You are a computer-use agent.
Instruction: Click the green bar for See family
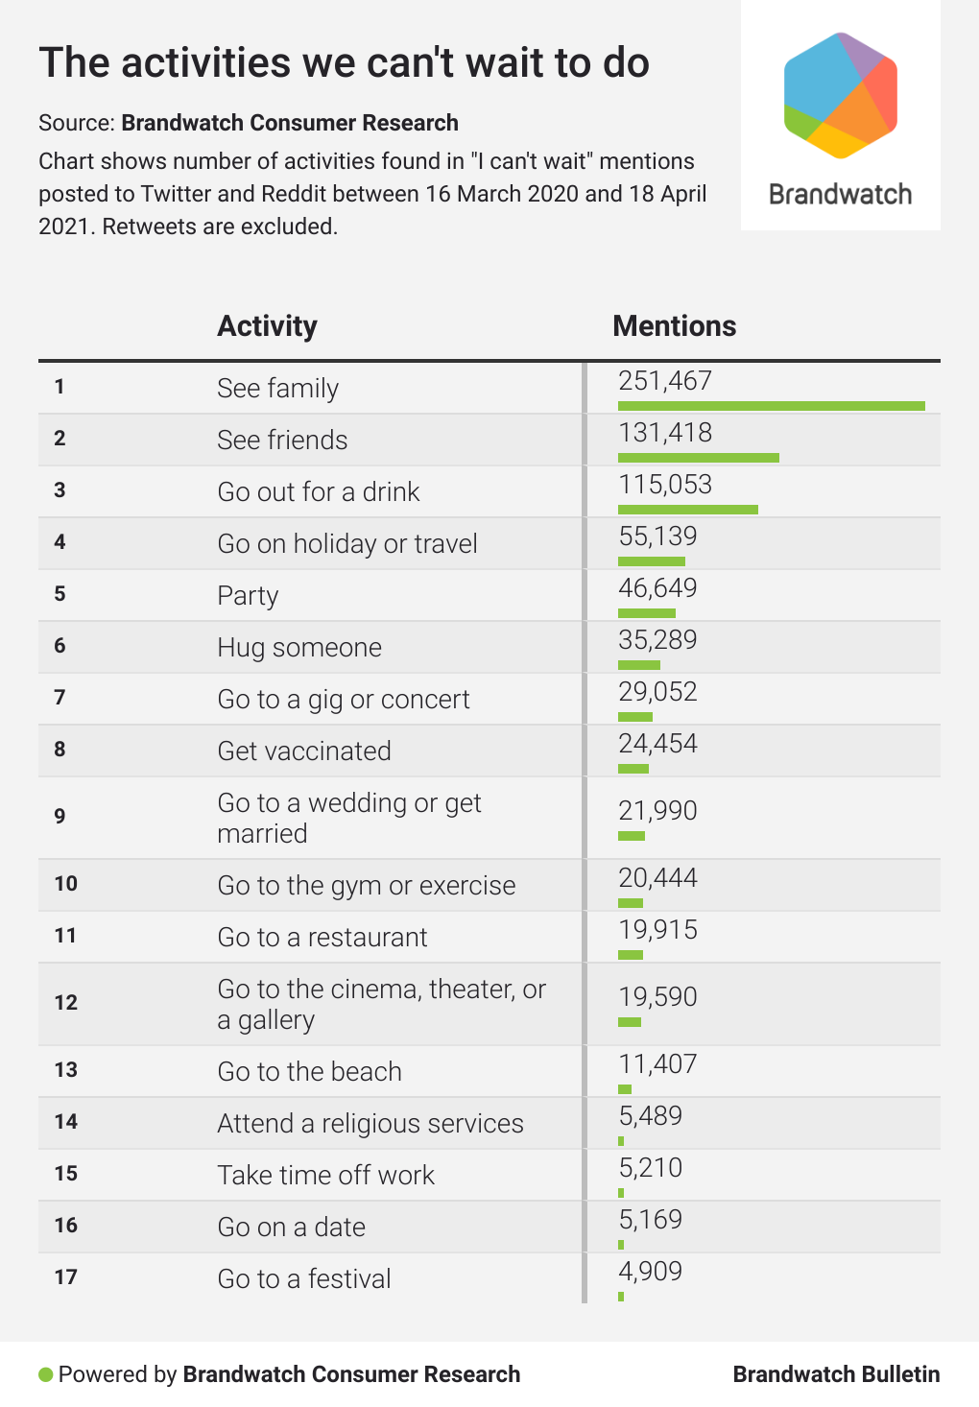click(771, 406)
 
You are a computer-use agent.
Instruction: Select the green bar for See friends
click(698, 458)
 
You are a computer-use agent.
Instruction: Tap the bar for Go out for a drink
click(687, 510)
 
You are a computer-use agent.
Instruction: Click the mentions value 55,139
click(657, 537)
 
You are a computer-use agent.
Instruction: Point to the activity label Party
click(248, 596)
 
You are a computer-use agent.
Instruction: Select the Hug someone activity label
click(299, 648)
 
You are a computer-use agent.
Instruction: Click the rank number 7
click(60, 698)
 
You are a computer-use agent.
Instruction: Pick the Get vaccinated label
click(304, 751)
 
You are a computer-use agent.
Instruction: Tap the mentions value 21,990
click(657, 811)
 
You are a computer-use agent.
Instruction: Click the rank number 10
click(65, 884)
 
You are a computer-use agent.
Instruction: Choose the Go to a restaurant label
click(322, 938)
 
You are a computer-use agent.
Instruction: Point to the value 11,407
click(657, 1064)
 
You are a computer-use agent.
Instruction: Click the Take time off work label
click(325, 1176)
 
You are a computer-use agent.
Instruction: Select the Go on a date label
click(291, 1228)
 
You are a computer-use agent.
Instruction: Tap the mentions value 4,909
click(650, 1272)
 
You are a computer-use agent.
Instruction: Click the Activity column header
click(267, 326)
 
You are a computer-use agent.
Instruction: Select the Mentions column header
click(674, 326)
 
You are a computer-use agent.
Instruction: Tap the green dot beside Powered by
click(45, 1375)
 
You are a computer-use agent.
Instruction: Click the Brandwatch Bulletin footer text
click(836, 1374)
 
